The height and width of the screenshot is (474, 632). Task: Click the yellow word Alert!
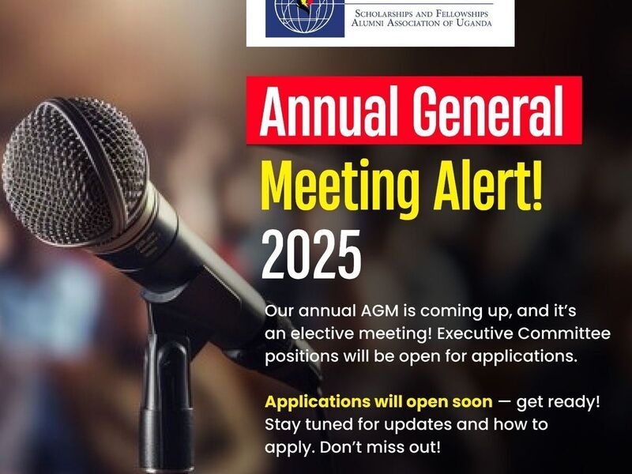point(487,183)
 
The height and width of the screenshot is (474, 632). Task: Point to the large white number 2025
point(311,254)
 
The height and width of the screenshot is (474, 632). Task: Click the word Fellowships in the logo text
point(462,13)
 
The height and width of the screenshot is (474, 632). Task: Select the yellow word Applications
point(317,402)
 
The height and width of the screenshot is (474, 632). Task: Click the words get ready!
point(559,403)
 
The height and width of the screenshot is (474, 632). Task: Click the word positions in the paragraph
point(295,357)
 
